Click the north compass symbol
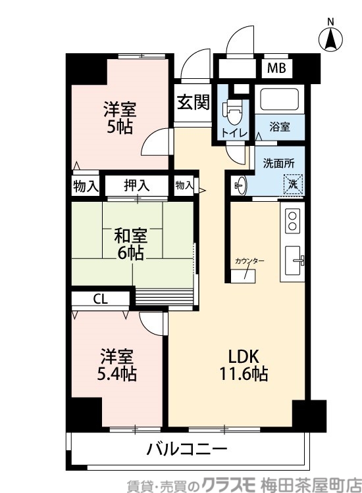click(x=331, y=39)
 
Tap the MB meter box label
click(x=276, y=68)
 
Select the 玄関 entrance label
click(x=193, y=103)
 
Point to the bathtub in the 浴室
click(x=280, y=100)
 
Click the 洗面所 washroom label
click(x=278, y=162)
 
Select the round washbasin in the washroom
click(x=239, y=185)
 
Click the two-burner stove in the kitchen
click(x=292, y=220)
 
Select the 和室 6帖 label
click(x=131, y=245)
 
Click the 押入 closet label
click(x=137, y=186)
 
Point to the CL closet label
click(x=100, y=299)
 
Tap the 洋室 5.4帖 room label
click(x=118, y=366)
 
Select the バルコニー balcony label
click(x=187, y=450)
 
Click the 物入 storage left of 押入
click(x=85, y=186)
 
